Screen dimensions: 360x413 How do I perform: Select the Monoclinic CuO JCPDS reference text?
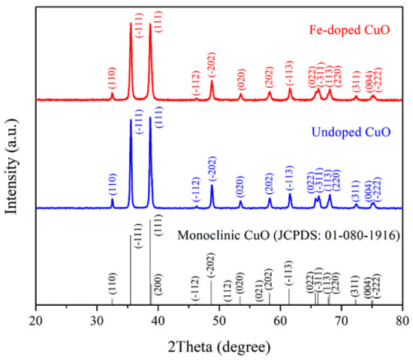(x=289, y=236)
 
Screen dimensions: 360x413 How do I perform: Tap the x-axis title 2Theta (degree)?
(x=218, y=345)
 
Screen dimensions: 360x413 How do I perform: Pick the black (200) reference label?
(x=156, y=290)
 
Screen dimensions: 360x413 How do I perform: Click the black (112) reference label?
(x=227, y=292)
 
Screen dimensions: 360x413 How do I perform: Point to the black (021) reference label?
(x=259, y=290)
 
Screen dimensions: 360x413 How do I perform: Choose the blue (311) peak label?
(x=355, y=191)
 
